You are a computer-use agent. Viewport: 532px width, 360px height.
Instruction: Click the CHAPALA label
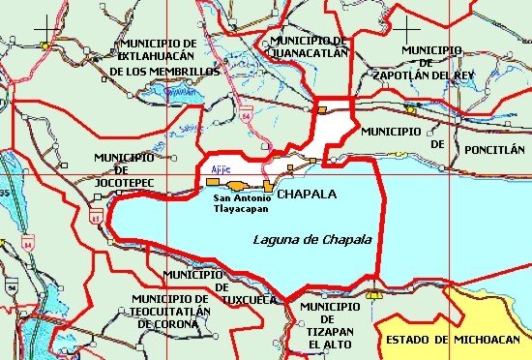click(307, 195)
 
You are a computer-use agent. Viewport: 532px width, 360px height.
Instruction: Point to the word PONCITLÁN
click(494, 150)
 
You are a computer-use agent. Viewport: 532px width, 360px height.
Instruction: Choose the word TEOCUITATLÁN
click(171, 312)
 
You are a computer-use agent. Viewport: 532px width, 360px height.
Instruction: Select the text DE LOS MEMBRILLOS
click(164, 72)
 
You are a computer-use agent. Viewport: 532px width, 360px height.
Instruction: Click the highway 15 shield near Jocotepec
click(95, 219)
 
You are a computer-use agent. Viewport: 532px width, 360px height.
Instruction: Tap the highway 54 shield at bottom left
click(12, 287)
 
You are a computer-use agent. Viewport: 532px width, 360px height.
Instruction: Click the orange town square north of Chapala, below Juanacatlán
click(322, 113)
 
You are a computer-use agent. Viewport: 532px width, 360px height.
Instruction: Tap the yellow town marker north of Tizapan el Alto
click(373, 293)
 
